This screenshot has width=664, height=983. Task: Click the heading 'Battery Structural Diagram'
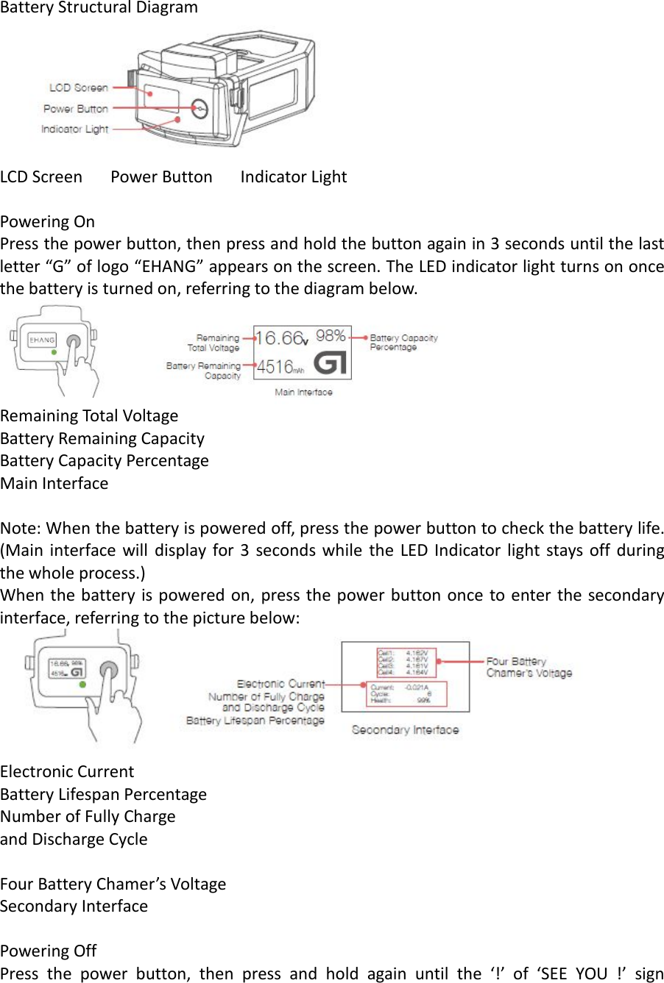click(x=99, y=8)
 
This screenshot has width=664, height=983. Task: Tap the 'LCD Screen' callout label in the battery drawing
click(x=78, y=87)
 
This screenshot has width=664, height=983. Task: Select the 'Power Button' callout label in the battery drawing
click(x=75, y=109)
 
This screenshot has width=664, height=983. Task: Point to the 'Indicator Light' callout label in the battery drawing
click(x=74, y=129)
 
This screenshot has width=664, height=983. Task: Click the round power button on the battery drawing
click(x=199, y=108)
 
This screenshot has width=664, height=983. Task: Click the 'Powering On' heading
click(x=47, y=221)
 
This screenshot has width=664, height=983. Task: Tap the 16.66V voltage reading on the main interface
click(x=281, y=338)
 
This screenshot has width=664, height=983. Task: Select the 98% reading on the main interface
click(x=331, y=336)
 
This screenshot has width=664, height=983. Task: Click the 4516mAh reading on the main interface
click(x=280, y=367)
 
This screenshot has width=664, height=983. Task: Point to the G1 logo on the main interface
click(x=330, y=363)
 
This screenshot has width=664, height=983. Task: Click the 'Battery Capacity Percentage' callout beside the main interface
click(x=403, y=343)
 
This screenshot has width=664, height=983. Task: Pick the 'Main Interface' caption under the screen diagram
click(x=303, y=393)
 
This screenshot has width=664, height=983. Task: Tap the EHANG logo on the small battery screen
click(x=42, y=340)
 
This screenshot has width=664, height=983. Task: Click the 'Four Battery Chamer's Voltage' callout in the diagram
click(x=529, y=667)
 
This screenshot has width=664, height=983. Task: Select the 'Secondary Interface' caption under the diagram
click(x=405, y=730)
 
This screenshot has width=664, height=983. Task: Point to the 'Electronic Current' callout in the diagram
click(x=280, y=684)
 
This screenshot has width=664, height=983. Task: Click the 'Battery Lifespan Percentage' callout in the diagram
click(x=255, y=721)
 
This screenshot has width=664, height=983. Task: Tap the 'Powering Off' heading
click(x=48, y=951)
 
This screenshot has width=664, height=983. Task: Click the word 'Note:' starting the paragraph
click(x=21, y=528)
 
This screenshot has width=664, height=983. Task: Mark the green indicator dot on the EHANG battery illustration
click(x=54, y=353)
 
